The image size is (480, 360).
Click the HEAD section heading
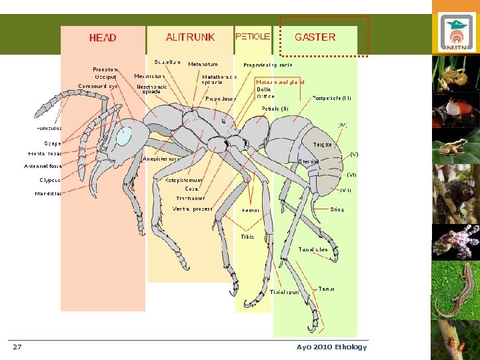[103, 38]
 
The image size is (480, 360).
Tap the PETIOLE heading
[253, 36]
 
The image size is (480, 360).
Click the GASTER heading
[315, 37]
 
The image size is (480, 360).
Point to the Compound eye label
[98, 86]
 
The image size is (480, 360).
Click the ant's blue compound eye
[124, 136]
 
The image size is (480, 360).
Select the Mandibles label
[49, 193]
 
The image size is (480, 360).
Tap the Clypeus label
[50, 180]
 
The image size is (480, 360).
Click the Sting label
[337, 209]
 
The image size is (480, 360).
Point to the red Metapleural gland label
[280, 81]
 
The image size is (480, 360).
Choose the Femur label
[250, 210]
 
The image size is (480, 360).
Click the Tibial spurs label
[285, 292]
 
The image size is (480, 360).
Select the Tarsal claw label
[313, 250]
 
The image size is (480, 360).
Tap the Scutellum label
[167, 62]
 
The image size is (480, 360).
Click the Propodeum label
[221, 99]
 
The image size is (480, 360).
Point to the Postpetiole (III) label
[332, 98]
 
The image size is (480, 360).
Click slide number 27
[17, 347]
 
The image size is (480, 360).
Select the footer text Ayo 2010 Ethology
[331, 347]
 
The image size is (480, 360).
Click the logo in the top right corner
[456, 33]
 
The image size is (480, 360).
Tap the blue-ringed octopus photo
[456, 241]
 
